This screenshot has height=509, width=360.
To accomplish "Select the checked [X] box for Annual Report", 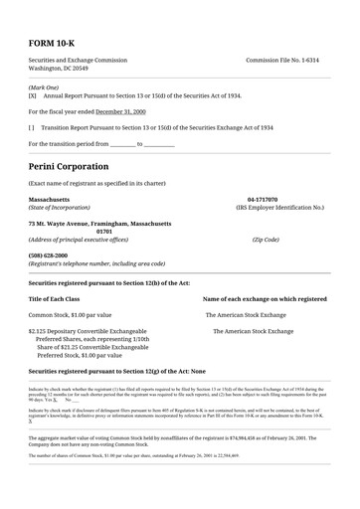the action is click(x=33, y=96).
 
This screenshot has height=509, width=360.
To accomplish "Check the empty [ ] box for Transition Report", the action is click(x=33, y=128).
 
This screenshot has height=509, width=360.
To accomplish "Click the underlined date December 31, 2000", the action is click(x=120, y=112).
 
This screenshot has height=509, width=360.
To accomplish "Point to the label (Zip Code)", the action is click(x=266, y=240).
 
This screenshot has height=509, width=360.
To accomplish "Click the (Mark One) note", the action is click(x=43, y=87).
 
